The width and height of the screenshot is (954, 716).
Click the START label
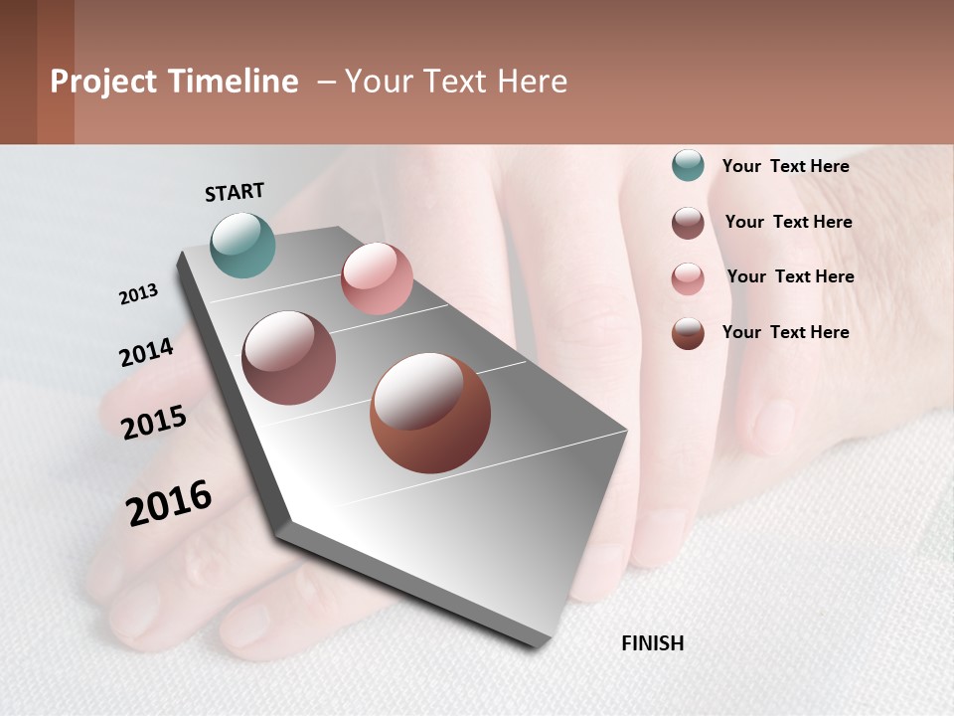235,192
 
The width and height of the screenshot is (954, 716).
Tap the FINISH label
652,643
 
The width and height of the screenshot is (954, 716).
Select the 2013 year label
138,294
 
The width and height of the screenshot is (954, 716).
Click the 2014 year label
146,352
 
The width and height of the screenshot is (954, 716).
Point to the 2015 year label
153,423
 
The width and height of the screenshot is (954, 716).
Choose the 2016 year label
169,502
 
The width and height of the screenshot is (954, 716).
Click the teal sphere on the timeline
243,245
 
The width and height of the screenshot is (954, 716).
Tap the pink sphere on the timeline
377,278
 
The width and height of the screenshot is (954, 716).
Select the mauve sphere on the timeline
289,358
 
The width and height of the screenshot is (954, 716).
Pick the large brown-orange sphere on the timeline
430,413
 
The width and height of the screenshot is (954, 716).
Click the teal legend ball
688,165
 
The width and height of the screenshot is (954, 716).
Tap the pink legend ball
688,278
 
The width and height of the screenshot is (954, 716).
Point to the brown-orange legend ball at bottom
688,333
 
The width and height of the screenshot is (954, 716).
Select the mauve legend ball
688,223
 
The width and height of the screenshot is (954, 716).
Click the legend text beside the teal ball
785,166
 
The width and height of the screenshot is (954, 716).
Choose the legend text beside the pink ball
790,276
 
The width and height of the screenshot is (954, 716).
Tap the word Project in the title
104,82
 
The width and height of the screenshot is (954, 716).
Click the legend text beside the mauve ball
788,222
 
